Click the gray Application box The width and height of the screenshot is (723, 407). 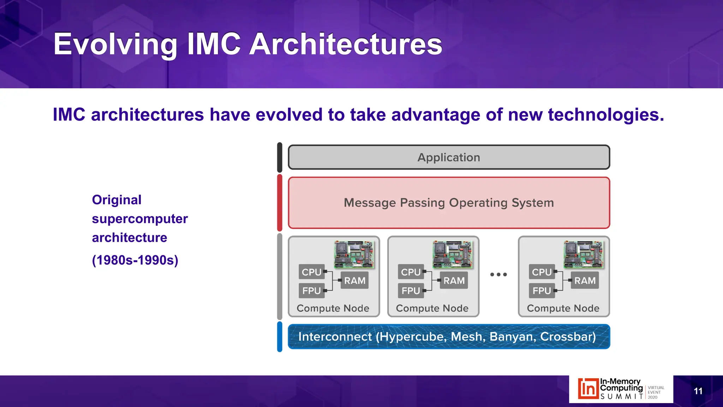coord(449,157)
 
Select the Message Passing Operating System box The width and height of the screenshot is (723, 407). coord(449,203)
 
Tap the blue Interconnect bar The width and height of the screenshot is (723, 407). coord(449,336)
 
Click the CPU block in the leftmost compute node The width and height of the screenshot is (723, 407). coord(311,272)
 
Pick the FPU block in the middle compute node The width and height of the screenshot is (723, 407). coord(411,291)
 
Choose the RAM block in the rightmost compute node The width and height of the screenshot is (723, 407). coord(585,281)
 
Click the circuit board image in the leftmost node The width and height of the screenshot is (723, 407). coord(354,254)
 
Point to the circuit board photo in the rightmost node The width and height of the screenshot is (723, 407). coord(584,254)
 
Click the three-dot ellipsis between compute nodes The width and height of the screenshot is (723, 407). coord(498,274)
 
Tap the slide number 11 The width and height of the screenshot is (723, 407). coord(698,391)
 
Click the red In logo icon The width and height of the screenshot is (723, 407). coord(588,389)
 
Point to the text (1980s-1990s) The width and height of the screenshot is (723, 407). coord(135,260)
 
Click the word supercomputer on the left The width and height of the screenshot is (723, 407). coord(140,219)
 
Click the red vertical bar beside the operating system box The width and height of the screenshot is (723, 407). coord(280,203)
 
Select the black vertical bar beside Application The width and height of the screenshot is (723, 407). coord(280,157)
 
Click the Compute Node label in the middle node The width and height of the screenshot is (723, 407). coord(432,308)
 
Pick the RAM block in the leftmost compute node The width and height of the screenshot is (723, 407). coord(355,281)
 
